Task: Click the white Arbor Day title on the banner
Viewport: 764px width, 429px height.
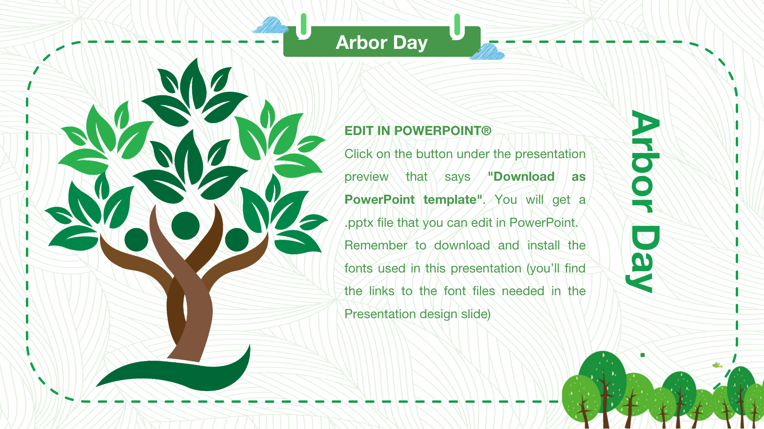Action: pos(382,43)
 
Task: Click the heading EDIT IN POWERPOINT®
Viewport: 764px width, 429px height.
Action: pos(418,131)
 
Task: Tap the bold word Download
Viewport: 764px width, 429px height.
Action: pos(521,176)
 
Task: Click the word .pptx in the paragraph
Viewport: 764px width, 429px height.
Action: pos(359,223)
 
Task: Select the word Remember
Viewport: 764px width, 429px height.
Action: pos(376,245)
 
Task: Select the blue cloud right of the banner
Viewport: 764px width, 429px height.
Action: pos(487,52)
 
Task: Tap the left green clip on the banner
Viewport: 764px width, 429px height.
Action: pos(304,26)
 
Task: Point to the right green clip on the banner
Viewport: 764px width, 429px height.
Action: pos(457,26)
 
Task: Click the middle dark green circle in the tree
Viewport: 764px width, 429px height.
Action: pos(185,226)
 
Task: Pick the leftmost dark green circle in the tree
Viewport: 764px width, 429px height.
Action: pos(136,240)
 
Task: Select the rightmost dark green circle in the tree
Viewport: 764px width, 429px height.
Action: pos(237,240)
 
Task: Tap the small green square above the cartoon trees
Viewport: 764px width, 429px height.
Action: pos(643,355)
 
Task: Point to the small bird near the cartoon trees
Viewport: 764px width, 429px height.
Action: pos(717,365)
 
